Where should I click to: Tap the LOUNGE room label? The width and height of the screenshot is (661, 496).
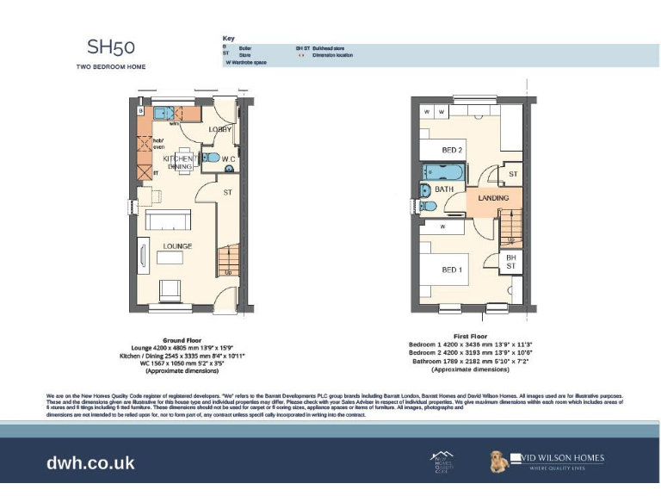[x=178, y=246]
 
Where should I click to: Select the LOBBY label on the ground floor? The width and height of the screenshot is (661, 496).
[x=220, y=129]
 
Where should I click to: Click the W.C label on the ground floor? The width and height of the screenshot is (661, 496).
[x=228, y=160]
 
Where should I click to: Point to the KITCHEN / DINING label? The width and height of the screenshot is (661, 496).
[x=179, y=163]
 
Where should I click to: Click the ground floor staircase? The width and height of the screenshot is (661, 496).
[x=227, y=259]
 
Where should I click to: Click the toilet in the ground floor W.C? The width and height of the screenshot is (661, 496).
[x=210, y=158]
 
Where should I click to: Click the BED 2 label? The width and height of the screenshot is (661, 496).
[x=453, y=150]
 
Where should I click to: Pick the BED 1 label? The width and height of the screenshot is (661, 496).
[x=452, y=270]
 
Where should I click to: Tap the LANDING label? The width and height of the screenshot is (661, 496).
[x=493, y=198]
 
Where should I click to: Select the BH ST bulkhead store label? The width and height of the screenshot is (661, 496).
[x=510, y=262]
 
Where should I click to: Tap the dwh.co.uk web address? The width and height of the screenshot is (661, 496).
[x=90, y=463]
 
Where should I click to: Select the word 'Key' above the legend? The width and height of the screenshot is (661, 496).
[x=228, y=39]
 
